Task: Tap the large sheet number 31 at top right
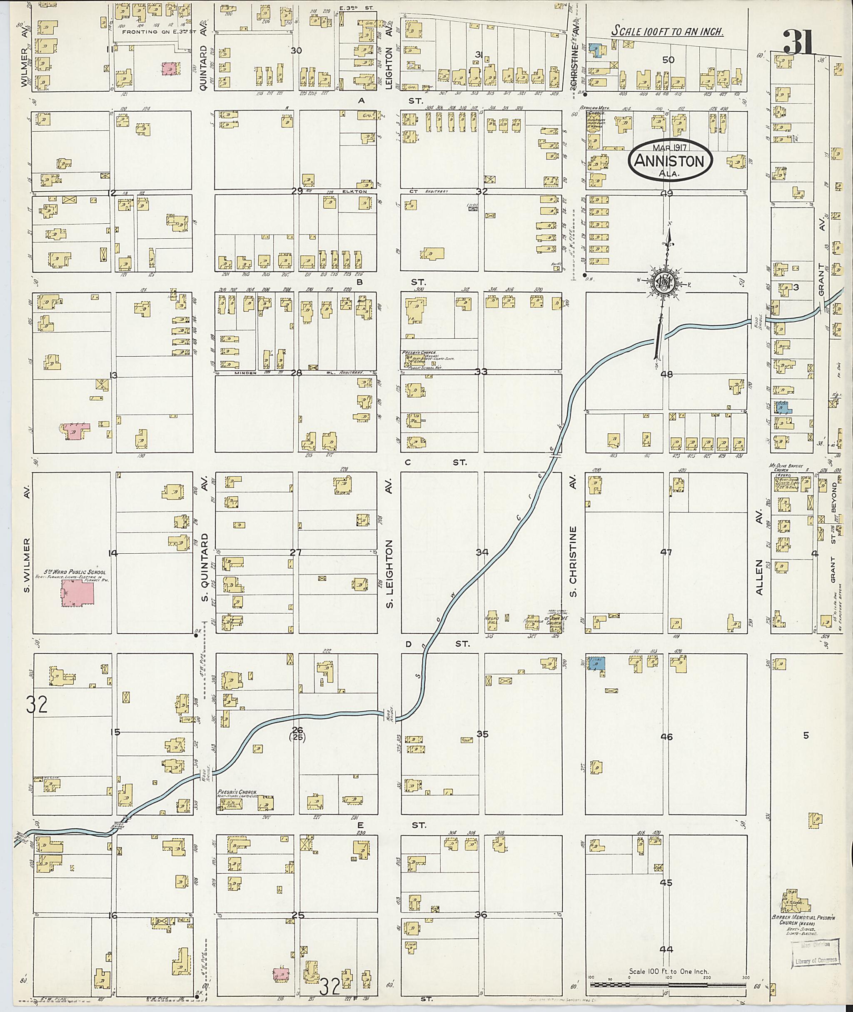coord(799,42)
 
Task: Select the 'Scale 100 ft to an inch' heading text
coord(667,31)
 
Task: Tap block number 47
coord(666,552)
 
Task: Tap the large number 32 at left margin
coord(37,705)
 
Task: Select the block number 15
coord(115,732)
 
